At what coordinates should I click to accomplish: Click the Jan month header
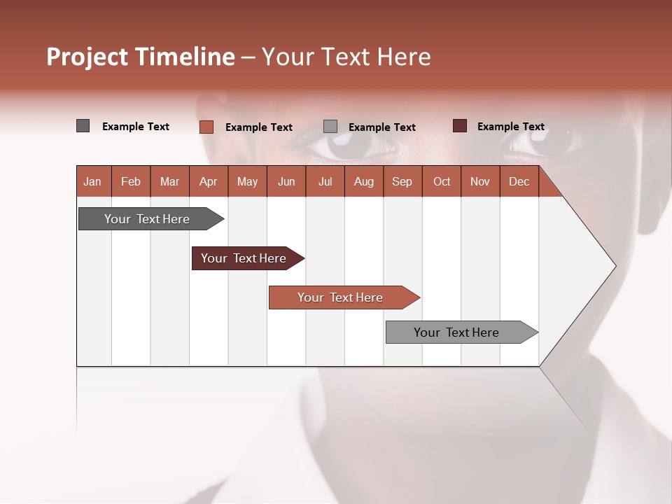coord(92,181)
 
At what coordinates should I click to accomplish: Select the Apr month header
coord(208,181)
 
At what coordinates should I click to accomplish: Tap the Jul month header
coord(325,181)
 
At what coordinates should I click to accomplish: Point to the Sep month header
coord(402,181)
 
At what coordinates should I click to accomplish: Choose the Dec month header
coord(519,181)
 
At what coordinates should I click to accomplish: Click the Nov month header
coord(479,181)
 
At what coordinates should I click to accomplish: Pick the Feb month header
coord(131,181)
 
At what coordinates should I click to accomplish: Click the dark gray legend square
coord(83,126)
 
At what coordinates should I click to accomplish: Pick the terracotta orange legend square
coord(206,127)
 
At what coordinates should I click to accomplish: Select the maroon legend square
coord(459,126)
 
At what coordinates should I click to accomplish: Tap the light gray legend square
coord(330,127)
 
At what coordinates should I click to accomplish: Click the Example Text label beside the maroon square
coord(510,127)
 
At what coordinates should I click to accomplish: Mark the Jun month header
coord(286,181)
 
